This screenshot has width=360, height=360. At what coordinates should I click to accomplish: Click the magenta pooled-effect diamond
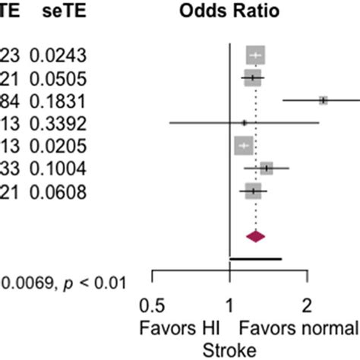[x=256, y=236]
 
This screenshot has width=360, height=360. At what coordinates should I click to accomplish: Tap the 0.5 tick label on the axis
[x=153, y=306]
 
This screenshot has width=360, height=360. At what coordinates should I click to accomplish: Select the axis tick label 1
[x=229, y=306]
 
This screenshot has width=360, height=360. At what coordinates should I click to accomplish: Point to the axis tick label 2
[x=307, y=306]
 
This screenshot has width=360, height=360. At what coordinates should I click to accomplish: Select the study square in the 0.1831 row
[x=323, y=100]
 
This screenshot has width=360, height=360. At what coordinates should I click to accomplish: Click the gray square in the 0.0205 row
[x=243, y=145]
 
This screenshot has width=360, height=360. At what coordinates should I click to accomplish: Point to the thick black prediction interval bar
[x=255, y=259]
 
